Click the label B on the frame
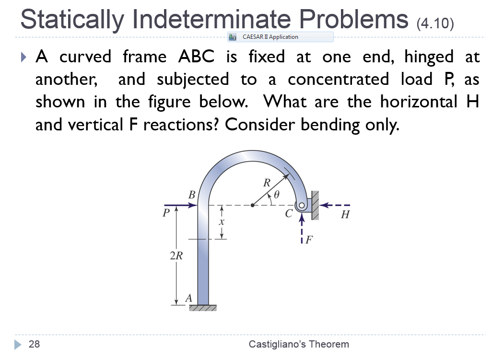192,195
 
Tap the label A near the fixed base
188,298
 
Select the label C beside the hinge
289,214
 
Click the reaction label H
344,215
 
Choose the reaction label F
309,240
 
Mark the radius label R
267,182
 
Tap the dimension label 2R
176,255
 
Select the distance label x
222,223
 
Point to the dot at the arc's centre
253,206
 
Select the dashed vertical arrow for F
302,230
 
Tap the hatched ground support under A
203,308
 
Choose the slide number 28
34,344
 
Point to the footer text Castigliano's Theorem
299,344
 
